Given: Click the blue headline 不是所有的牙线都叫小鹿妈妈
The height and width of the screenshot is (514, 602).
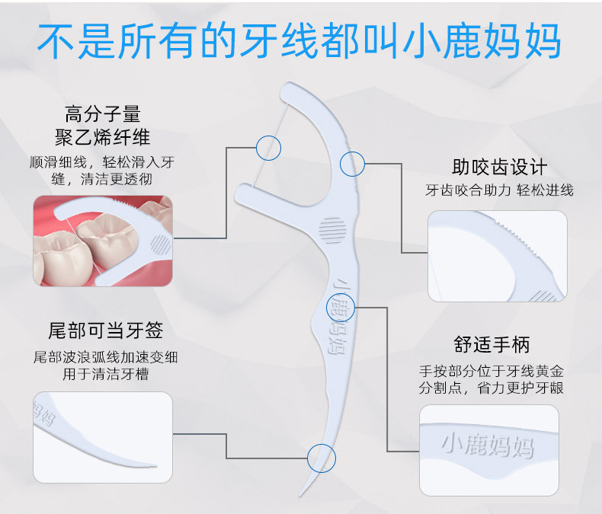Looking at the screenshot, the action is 299,40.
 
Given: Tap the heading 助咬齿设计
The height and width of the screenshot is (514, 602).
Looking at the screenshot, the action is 499,167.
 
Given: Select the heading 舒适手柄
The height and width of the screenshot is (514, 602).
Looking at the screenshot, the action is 492,344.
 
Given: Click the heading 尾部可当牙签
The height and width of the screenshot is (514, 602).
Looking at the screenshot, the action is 106,330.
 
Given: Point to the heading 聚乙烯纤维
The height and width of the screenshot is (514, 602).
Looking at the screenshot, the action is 103,137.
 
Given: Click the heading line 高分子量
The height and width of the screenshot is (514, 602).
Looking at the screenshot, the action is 103,114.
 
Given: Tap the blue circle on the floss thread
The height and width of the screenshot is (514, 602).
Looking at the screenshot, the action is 269,148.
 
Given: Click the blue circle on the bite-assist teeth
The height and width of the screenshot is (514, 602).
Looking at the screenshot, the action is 353,164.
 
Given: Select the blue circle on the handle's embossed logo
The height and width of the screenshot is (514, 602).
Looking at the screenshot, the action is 341,307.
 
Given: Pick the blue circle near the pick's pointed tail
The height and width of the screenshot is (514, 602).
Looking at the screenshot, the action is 322,458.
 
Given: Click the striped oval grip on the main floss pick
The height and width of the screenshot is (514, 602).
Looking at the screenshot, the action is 332,230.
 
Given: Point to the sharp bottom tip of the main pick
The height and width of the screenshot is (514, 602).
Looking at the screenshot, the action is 300,496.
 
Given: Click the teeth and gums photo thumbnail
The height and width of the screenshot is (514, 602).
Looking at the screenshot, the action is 103,241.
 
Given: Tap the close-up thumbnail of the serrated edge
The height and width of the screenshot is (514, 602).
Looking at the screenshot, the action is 498,256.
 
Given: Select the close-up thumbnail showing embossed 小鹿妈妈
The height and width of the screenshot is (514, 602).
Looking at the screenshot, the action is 489,450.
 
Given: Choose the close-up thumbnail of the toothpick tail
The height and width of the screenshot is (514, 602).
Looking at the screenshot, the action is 103,437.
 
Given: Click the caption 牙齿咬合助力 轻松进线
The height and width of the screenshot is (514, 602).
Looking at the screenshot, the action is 499,190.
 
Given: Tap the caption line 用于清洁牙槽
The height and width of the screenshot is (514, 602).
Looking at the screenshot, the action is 106,374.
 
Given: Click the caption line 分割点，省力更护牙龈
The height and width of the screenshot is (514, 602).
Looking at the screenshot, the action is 491,388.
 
